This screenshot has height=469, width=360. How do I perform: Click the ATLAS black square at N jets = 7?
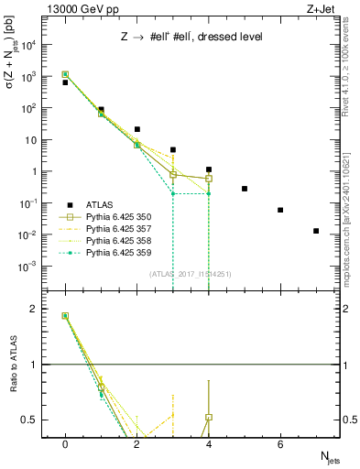coord(316,231)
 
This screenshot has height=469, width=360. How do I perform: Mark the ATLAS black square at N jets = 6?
coord(280,210)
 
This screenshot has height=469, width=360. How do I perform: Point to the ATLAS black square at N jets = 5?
coord(245,189)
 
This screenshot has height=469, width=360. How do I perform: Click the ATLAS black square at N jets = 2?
coord(136,130)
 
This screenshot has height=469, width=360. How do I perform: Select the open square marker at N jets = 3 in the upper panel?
coord(173,174)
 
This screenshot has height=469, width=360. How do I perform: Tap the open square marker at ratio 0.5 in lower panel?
coord(209,418)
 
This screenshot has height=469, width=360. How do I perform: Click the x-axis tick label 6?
coord(280,443)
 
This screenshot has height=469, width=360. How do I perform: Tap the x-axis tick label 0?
coord(65,443)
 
